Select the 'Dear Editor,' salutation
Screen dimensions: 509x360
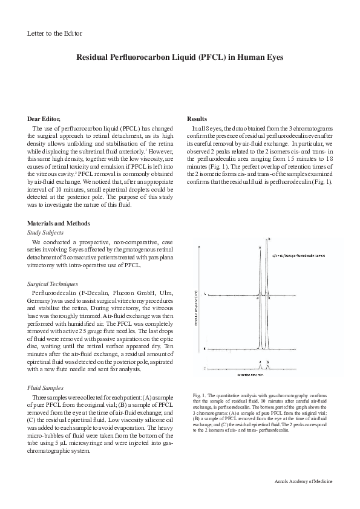click(45, 119)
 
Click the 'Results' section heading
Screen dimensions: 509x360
click(197, 119)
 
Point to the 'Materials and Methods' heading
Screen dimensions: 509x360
click(58, 223)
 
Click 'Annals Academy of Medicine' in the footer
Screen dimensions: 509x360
click(300, 481)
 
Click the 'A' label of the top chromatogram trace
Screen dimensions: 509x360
click(205, 294)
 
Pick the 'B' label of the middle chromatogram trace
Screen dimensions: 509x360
click(205, 349)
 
